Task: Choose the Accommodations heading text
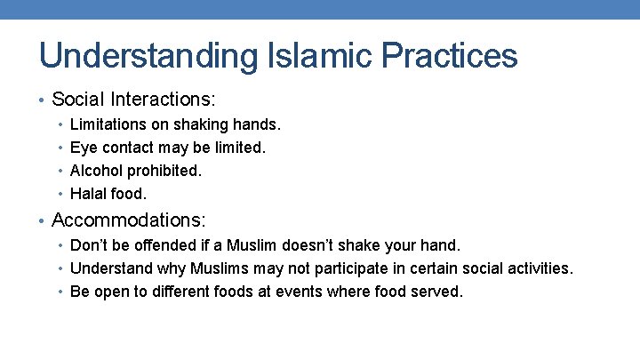[129, 220]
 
